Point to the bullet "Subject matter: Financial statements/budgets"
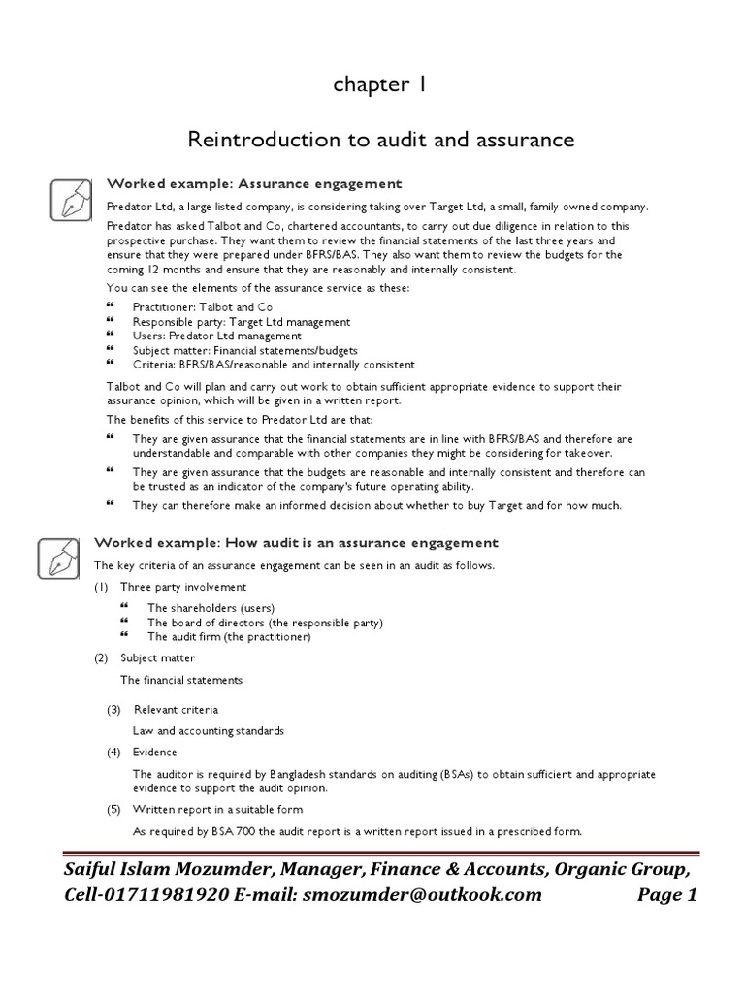click(x=244, y=350)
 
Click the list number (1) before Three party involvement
click(x=101, y=587)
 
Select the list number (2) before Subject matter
click(x=101, y=658)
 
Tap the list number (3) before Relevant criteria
click(x=114, y=709)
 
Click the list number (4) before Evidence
click(x=114, y=752)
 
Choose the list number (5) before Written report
click(x=114, y=809)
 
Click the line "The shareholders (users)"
click(x=204, y=608)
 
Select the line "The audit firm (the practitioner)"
click(x=228, y=637)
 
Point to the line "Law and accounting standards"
click(x=209, y=730)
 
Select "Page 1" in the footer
click(x=667, y=895)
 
